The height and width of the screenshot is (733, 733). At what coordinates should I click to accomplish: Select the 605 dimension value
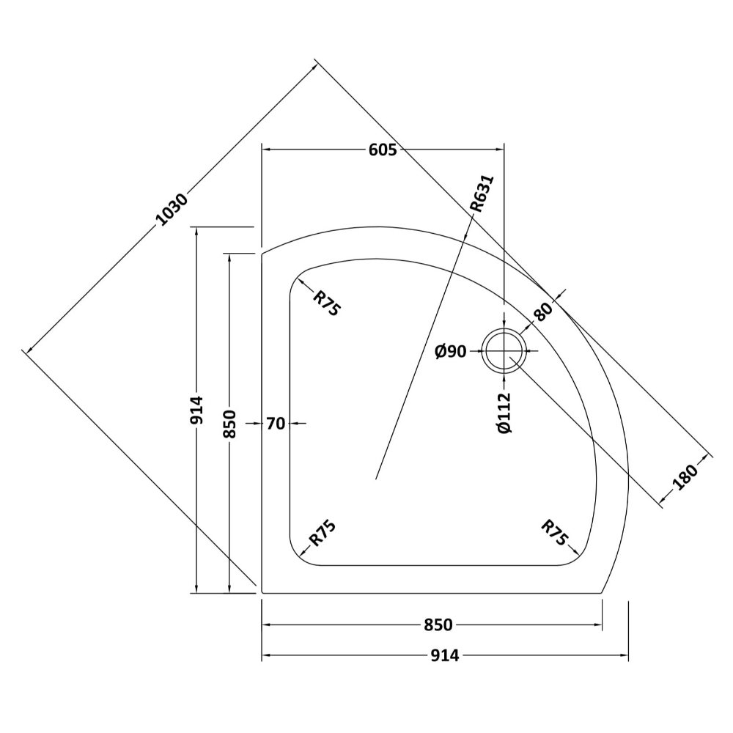383,150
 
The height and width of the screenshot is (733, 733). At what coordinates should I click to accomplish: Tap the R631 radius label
483,194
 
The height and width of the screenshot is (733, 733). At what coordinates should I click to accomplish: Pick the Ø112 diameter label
504,413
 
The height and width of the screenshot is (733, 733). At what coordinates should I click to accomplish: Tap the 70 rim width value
276,423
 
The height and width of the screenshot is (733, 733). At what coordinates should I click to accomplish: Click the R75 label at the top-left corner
326,303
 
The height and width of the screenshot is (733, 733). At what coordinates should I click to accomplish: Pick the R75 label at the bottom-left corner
323,533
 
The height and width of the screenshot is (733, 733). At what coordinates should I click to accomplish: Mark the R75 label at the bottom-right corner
555,533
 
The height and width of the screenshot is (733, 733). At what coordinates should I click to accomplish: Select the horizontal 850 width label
438,625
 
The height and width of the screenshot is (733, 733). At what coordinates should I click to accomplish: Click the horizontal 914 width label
444,655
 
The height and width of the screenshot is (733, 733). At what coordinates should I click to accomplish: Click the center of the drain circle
504,351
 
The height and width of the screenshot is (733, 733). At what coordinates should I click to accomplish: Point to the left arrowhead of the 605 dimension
265,150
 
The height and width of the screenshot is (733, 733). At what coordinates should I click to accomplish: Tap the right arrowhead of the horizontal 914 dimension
627,655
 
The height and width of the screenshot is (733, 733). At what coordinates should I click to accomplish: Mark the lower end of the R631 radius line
375,479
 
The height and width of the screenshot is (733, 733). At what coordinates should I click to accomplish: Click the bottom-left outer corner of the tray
262,592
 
